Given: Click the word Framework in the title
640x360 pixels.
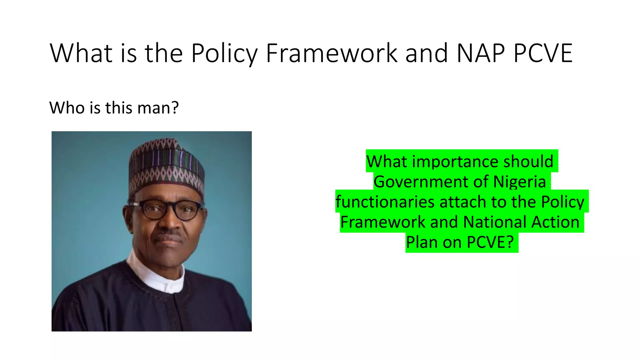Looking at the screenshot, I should [x=332, y=53].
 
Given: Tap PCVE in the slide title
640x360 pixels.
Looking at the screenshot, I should [x=543, y=53].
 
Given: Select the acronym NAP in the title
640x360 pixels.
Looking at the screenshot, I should [x=480, y=53].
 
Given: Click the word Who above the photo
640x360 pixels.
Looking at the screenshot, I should [x=67, y=108].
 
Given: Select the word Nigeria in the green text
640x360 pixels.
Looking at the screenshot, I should [x=519, y=182].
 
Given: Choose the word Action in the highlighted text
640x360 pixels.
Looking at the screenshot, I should [x=555, y=222].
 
